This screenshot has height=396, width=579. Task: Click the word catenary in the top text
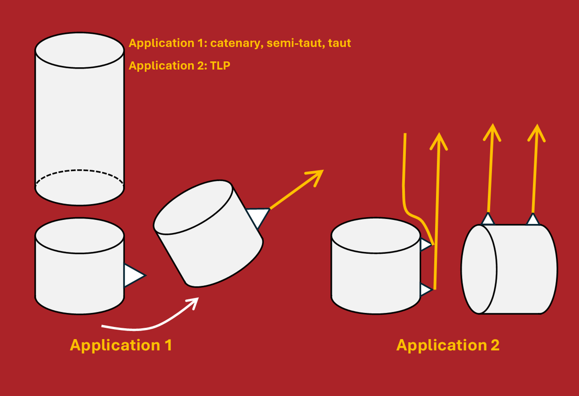pyautogui.click(x=236, y=43)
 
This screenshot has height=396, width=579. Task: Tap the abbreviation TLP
pyautogui.click(x=220, y=66)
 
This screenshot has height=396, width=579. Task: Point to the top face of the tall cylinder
pyautogui.click(x=79, y=50)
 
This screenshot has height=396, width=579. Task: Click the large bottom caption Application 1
pyautogui.click(x=121, y=345)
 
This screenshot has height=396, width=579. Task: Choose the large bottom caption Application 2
pyautogui.click(x=448, y=345)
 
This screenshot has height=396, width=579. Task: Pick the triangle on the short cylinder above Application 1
pyautogui.click(x=133, y=275)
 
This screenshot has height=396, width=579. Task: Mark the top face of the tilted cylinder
pyautogui.click(x=193, y=207)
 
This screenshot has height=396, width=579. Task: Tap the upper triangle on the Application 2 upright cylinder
pyautogui.click(x=425, y=244)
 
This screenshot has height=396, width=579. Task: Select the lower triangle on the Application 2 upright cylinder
pyautogui.click(x=425, y=290)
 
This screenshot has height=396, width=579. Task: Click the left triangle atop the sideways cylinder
pyautogui.click(x=488, y=219)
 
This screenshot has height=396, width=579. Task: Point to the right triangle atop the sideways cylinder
pyautogui.click(x=532, y=220)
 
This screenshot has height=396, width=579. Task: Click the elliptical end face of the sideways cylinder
pyautogui.click(x=478, y=269)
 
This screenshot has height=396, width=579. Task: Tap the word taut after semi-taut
pyautogui.click(x=339, y=43)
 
